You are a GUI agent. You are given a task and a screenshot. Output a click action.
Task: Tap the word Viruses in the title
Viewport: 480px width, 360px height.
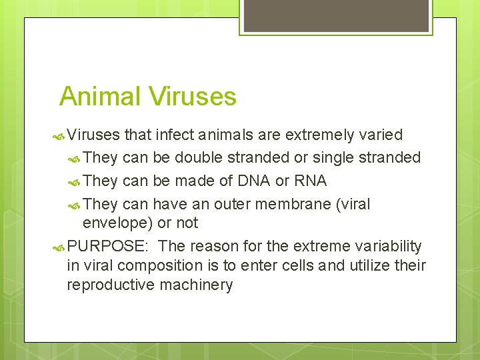pos(193,97)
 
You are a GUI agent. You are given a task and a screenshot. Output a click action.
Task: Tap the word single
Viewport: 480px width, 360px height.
pos(333,158)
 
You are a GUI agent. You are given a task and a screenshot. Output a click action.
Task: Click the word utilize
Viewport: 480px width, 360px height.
pos(367,265)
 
